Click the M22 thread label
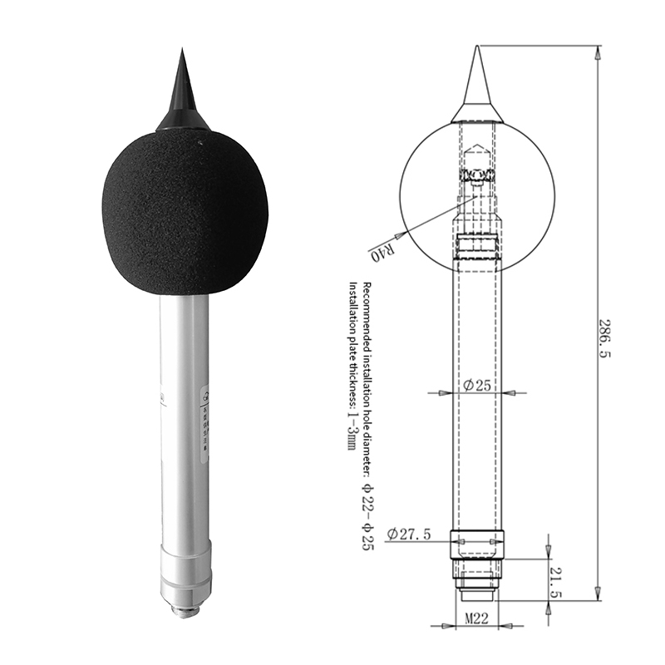(475, 618)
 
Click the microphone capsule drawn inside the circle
(477, 175)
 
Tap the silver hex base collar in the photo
(185, 574)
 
